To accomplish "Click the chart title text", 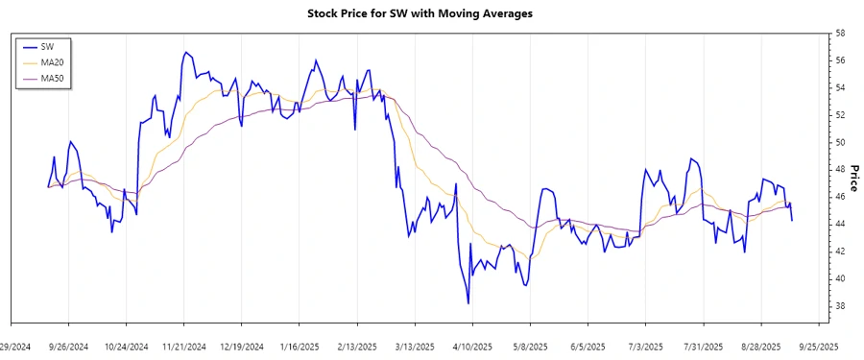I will pos(432,13).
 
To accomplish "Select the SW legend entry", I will pos(47,46).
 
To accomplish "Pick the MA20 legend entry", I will pos(52,61).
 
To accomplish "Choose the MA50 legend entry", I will pos(52,77).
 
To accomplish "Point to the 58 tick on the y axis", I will pos(840,34).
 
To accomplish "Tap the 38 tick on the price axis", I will pos(840,306).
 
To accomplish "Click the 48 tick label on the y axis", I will pos(840,170).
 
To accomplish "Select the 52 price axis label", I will pos(840,115).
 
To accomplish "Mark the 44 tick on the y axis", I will pos(840,225).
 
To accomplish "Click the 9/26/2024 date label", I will pos(68,346).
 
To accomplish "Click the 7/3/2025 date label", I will pos(645,346).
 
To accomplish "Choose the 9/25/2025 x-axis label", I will pos(818,346).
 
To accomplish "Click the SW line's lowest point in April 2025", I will pos(468,303).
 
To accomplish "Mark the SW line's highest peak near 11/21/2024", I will pos(185,52).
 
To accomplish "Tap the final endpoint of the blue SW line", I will pos(792,221).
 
